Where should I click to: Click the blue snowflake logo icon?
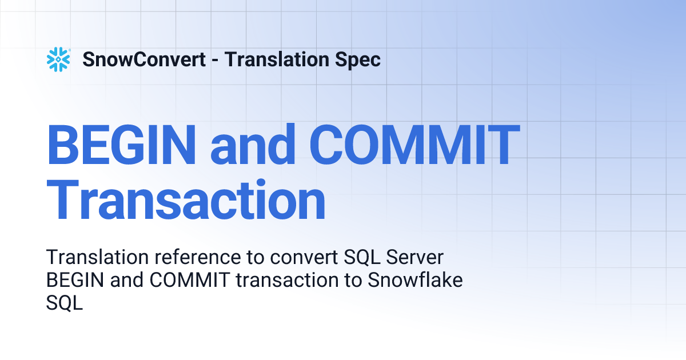click(x=58, y=59)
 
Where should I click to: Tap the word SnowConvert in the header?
click(x=144, y=59)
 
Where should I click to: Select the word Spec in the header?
click(x=358, y=59)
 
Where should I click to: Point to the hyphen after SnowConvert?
click(x=214, y=60)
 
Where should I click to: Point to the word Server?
click(x=415, y=258)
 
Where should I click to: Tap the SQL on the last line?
click(x=64, y=303)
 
